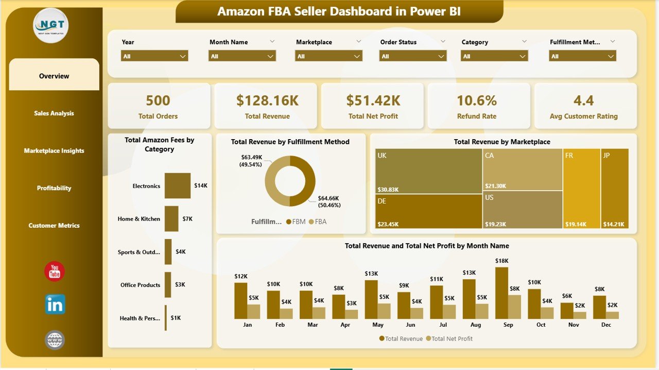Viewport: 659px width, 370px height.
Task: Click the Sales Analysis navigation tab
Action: pyautogui.click(x=54, y=113)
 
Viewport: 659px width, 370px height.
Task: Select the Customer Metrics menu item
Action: pyautogui.click(x=54, y=226)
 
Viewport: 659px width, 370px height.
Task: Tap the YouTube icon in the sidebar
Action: pyautogui.click(x=55, y=272)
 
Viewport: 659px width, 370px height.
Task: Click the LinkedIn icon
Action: pyautogui.click(x=55, y=305)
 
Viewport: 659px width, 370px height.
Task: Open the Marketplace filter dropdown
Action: pyautogui.click(x=330, y=56)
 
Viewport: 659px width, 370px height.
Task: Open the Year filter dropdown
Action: pyautogui.click(x=154, y=56)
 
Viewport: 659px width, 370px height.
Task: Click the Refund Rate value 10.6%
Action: pyautogui.click(x=477, y=100)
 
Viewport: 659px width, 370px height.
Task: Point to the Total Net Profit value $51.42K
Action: pyautogui.click(x=373, y=100)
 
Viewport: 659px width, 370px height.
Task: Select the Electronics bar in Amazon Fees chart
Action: pyautogui.click(x=177, y=186)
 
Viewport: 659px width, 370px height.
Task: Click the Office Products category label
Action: pyautogui.click(x=140, y=285)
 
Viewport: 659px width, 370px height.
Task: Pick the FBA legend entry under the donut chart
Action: pyautogui.click(x=317, y=222)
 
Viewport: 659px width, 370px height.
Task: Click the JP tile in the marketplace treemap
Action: pyautogui.click(x=615, y=188)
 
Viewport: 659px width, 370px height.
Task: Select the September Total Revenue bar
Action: pyautogui.click(x=501, y=293)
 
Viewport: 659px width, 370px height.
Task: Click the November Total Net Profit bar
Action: pyautogui.click(x=580, y=315)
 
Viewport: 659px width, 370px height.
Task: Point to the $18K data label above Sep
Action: pyautogui.click(x=502, y=261)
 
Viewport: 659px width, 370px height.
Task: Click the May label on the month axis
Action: pyautogui.click(x=378, y=325)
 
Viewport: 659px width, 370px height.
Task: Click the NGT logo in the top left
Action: pyautogui.click(x=50, y=25)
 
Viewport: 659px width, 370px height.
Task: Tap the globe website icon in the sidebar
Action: pyautogui.click(x=55, y=340)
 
